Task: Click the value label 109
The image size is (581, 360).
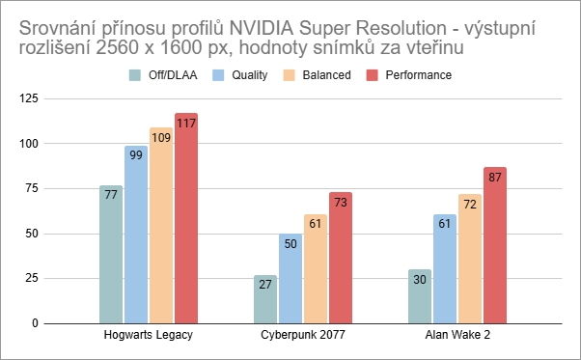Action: point(161,138)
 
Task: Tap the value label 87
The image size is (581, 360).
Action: point(495,178)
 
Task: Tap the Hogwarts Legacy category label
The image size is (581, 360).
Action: point(148,337)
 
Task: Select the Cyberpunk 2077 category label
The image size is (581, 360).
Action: point(302,337)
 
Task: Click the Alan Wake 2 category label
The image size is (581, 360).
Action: point(456,337)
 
